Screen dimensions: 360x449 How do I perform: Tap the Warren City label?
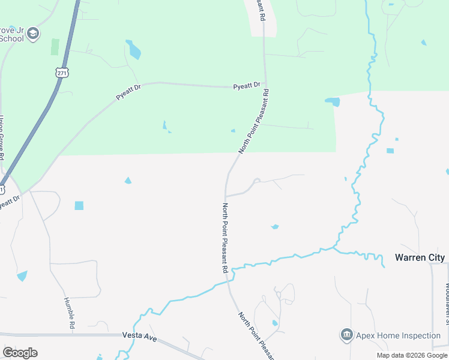coord(420,257)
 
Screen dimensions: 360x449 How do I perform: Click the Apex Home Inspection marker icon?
coord(346,335)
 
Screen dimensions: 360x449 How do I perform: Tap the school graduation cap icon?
coord(34,34)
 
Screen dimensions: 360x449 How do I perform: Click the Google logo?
coord(20,353)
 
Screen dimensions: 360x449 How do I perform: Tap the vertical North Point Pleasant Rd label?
coord(225,238)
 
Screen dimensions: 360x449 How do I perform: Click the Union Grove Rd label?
coord(3,137)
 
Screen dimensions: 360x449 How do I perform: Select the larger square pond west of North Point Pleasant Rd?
coord(79,205)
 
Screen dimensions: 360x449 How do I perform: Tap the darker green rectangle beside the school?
coord(55,47)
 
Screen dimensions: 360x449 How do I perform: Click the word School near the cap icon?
coord(11,38)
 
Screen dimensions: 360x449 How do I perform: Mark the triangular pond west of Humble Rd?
coord(22,275)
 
